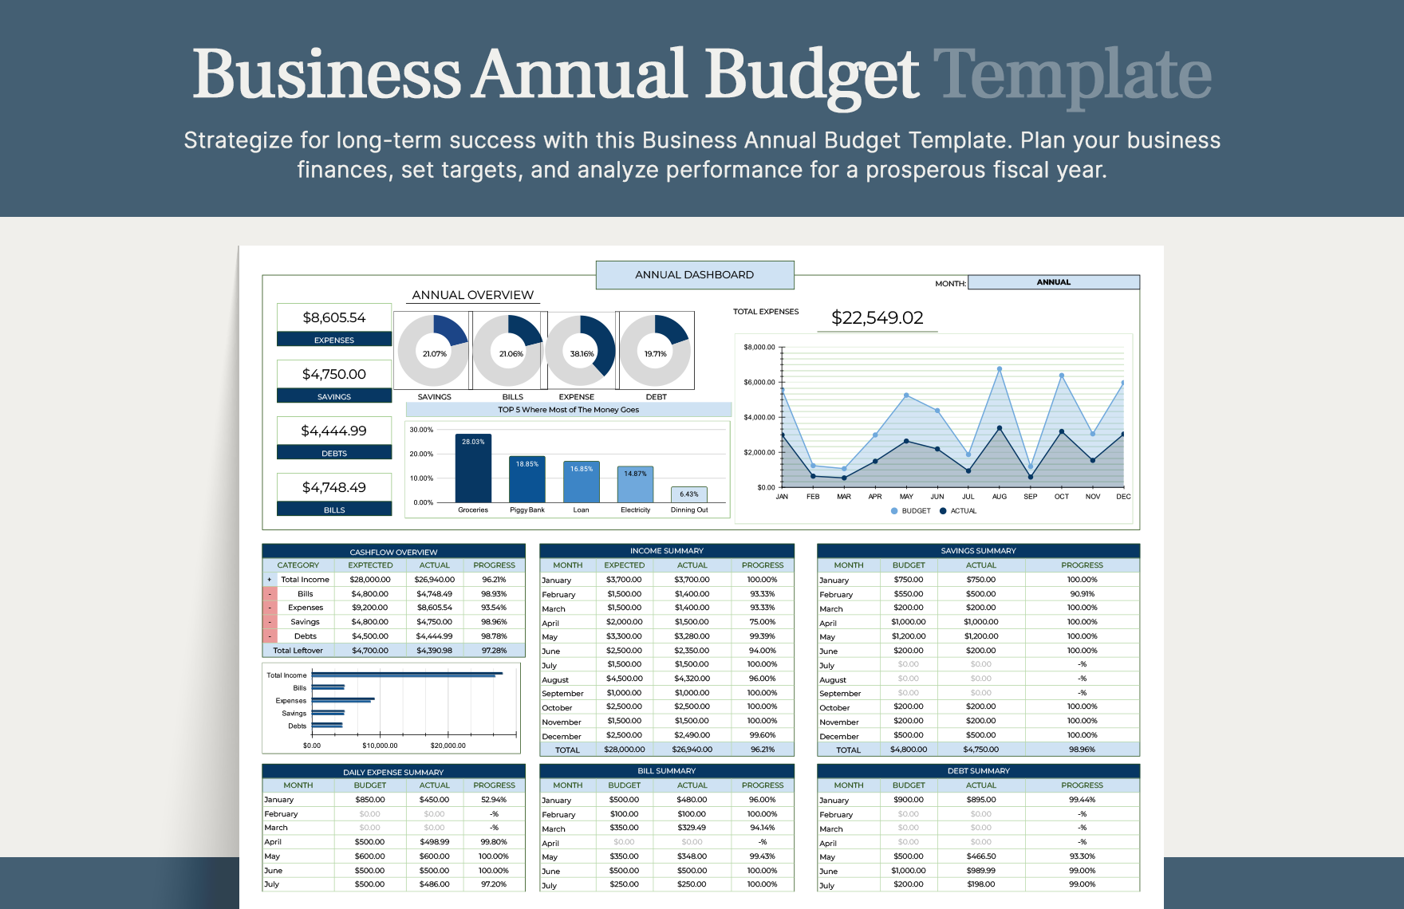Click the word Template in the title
[x=1072, y=75]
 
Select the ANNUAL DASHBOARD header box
[x=694, y=275]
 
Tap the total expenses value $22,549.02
[x=877, y=318]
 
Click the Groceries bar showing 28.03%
[x=473, y=468]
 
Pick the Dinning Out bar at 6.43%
[x=689, y=494]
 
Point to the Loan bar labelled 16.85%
[x=581, y=482]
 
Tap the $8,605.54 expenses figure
[x=333, y=317]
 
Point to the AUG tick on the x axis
[x=999, y=497]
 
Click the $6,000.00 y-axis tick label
[x=759, y=383]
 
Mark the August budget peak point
[x=999, y=369]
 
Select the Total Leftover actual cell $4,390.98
[x=434, y=651]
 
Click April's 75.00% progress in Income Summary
[x=762, y=622]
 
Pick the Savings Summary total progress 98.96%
[x=1082, y=750]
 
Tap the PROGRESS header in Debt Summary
[x=1082, y=785]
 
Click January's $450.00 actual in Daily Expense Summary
[x=434, y=800]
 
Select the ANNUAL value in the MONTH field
[x=1053, y=282]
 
